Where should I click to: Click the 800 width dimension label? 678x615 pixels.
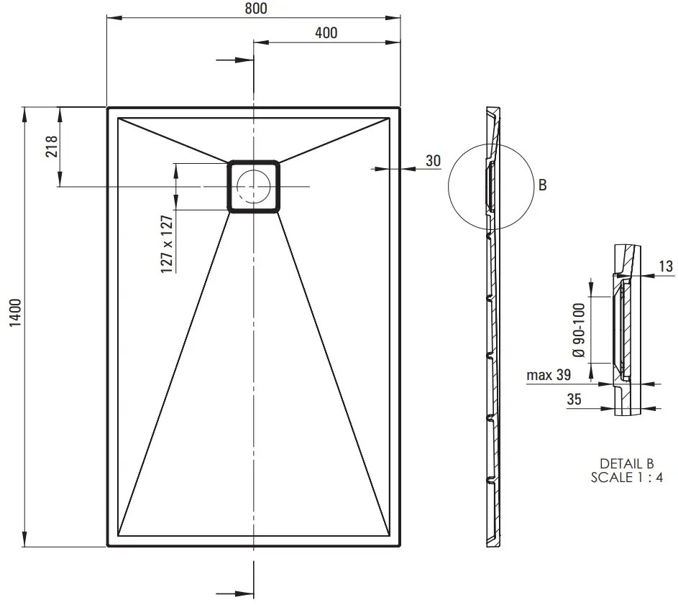pyautogui.click(x=256, y=8)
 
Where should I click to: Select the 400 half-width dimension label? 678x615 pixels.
pyautogui.click(x=326, y=33)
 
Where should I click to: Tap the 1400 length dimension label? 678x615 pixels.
pyautogui.click(x=16, y=313)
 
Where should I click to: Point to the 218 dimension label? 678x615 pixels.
pyautogui.click(x=52, y=146)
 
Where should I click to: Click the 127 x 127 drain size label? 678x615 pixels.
pyautogui.click(x=167, y=244)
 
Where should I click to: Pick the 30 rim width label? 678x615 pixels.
pyautogui.click(x=434, y=161)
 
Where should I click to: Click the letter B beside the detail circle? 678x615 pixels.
pyautogui.click(x=543, y=185)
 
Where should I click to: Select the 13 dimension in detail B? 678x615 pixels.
pyautogui.click(x=666, y=267)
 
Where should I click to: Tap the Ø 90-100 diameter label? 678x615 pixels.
pyautogui.click(x=579, y=330)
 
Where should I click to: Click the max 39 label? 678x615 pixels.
pyautogui.click(x=549, y=375)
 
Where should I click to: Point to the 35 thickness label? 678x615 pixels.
pyautogui.click(x=574, y=399)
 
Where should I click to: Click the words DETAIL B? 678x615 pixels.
pyautogui.click(x=627, y=463)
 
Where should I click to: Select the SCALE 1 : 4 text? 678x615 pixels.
pyautogui.click(x=627, y=478)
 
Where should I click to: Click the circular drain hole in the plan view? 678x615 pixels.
pyautogui.click(x=253, y=186)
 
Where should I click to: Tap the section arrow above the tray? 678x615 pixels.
pyautogui.click(x=235, y=60)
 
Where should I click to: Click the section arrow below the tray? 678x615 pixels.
pyautogui.click(x=235, y=594)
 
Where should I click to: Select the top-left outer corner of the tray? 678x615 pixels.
pyautogui.click(x=107, y=108)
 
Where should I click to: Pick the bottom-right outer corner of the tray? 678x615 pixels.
pyautogui.click(x=400, y=547)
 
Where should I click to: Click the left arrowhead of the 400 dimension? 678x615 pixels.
pyautogui.click(x=261, y=42)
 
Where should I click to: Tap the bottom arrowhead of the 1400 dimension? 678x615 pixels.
pyautogui.click(x=24, y=540)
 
